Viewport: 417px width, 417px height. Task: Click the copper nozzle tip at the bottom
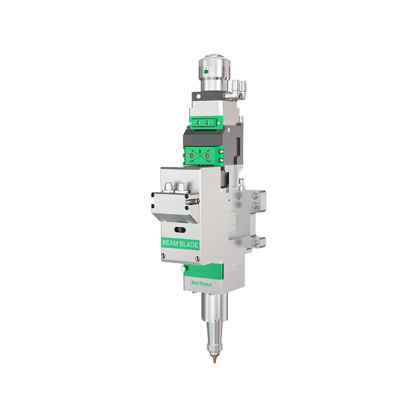pos(215,359)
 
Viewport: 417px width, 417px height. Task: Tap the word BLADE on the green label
pos(189,244)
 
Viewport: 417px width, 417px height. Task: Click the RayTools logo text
pos(201,284)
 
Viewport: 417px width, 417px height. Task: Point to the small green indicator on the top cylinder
pos(206,71)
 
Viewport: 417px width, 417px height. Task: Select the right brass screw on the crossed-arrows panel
pos(208,155)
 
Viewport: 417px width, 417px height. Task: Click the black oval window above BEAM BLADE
pos(180,229)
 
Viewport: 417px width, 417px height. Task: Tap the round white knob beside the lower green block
pos(183,269)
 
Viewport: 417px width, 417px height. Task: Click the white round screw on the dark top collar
pos(199,96)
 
